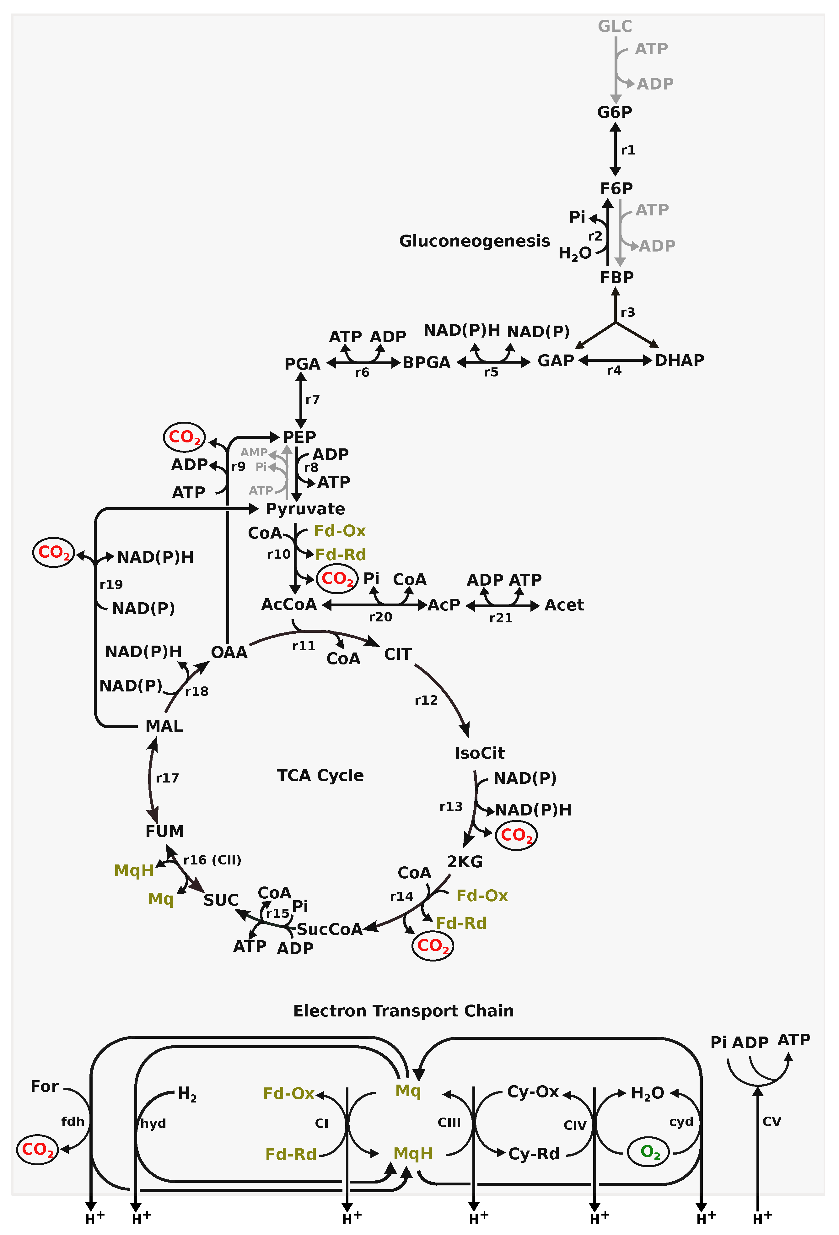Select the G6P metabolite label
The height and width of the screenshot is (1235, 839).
[x=615, y=112]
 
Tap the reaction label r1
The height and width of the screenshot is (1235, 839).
[x=628, y=150]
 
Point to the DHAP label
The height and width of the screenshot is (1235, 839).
[x=679, y=360]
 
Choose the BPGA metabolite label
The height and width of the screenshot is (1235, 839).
[x=426, y=362]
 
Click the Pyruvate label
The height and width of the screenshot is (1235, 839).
[x=305, y=509]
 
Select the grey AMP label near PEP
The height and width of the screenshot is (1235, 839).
[x=254, y=452]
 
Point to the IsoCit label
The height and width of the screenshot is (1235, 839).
[x=479, y=753]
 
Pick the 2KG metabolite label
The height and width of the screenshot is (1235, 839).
[x=465, y=861]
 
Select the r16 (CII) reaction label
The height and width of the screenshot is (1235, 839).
[x=212, y=860]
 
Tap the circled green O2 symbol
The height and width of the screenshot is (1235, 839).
[x=650, y=1151]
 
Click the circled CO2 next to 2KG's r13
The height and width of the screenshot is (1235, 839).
[x=516, y=835]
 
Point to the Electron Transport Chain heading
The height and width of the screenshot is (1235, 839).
[x=403, y=1011]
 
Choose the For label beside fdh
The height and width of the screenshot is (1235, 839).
[x=45, y=1086]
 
